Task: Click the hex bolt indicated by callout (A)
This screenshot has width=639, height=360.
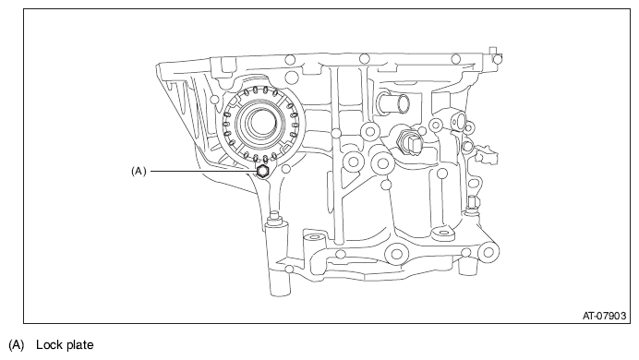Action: [262, 172]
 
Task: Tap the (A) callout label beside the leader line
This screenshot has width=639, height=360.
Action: [139, 172]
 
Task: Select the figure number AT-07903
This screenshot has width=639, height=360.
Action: [604, 316]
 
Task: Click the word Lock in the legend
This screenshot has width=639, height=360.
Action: [48, 344]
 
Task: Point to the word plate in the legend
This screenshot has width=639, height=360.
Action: [78, 345]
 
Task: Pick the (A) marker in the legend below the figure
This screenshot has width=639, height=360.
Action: [17, 345]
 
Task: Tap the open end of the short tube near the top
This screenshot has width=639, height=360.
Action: [404, 103]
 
